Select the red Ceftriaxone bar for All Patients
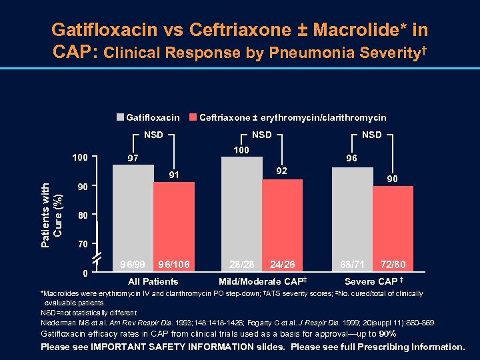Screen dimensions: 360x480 pos(174,220)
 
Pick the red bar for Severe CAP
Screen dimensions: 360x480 pos(393,223)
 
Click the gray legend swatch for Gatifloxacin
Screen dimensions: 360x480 pos(120,117)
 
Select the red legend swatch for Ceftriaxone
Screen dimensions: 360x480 pos(194,117)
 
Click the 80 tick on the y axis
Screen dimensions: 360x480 pos(82,215)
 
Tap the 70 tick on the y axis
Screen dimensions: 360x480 pos(82,245)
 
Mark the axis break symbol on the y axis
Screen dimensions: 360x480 pos(98,257)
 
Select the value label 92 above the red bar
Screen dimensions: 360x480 pos(282,170)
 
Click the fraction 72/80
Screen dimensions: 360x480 pos(393,264)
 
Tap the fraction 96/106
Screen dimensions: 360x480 pos(175,264)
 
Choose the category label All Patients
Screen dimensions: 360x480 pos(153,281)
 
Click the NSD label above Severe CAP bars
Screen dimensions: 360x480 pos(371,135)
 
